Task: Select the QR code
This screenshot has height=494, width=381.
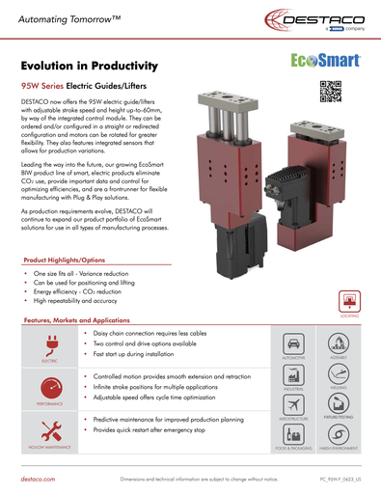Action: click(x=331, y=90)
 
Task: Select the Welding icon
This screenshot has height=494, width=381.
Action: click(x=339, y=385)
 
